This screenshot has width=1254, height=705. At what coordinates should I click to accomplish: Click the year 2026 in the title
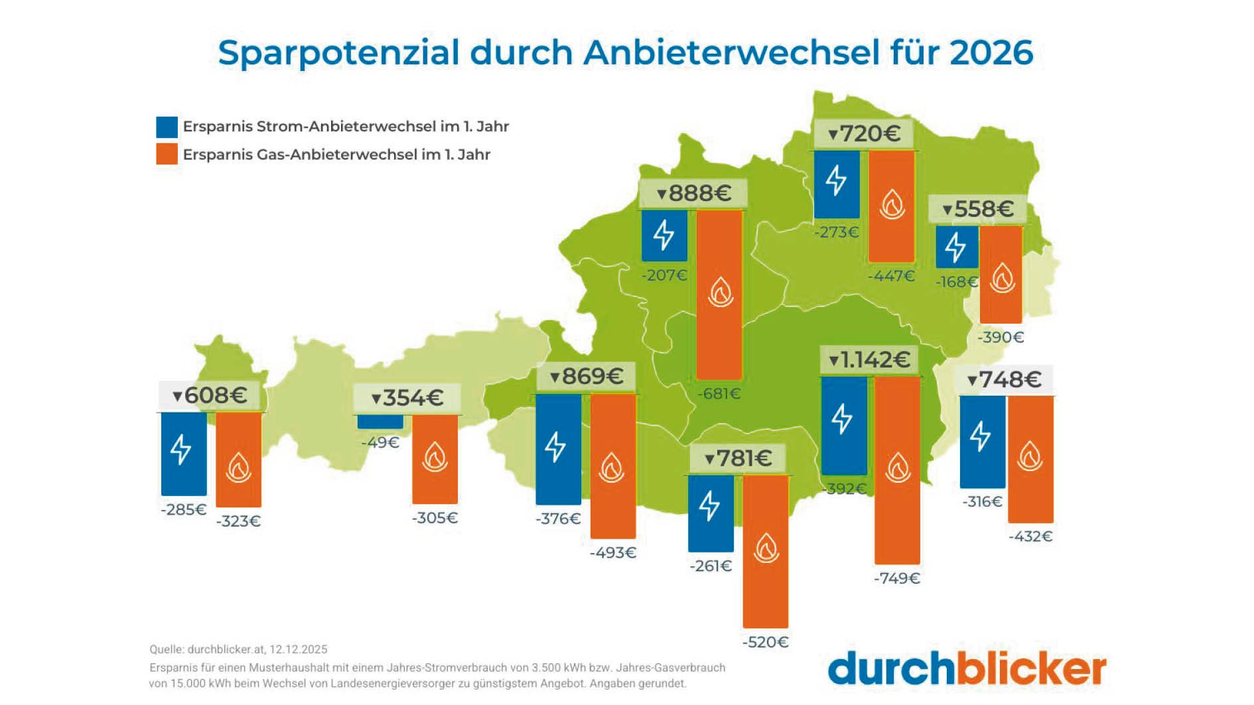pyautogui.click(x=991, y=52)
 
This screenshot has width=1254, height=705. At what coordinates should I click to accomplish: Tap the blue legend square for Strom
pyautogui.click(x=167, y=127)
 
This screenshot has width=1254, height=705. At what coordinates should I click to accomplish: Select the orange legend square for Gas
pyautogui.click(x=167, y=154)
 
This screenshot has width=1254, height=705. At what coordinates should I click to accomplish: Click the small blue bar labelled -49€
pyautogui.click(x=380, y=422)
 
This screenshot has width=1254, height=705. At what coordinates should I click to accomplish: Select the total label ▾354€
pyautogui.click(x=407, y=398)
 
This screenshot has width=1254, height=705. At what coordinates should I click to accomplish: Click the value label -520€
pyautogui.click(x=765, y=642)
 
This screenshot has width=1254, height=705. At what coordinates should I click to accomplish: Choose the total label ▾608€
pyautogui.click(x=210, y=396)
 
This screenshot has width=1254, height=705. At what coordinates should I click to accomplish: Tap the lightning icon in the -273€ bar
pyautogui.click(x=836, y=180)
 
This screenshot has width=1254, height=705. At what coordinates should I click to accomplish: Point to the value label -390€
pyautogui.click(x=1001, y=337)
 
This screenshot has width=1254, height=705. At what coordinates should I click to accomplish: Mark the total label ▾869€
pyautogui.click(x=586, y=377)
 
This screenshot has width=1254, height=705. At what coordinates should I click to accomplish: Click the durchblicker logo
pyautogui.click(x=967, y=669)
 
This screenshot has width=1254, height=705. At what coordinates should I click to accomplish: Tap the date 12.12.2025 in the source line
pyautogui.click(x=298, y=649)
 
